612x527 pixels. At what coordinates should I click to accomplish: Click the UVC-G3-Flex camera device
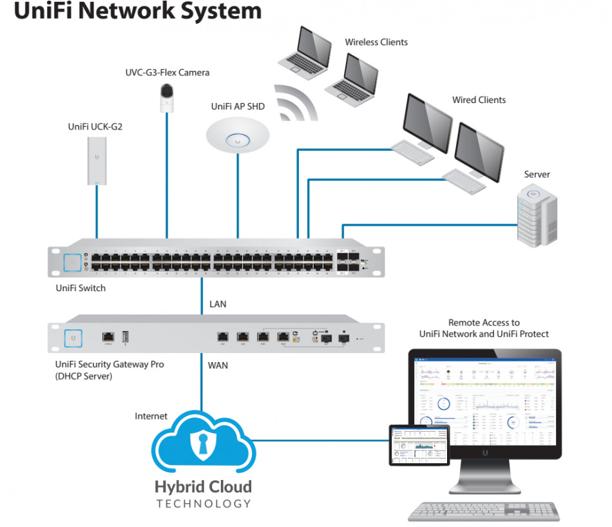pyautogui.click(x=167, y=98)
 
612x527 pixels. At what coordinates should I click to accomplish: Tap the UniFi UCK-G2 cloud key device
pyautogui.click(x=97, y=160)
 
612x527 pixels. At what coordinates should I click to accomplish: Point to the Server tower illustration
pyautogui.click(x=537, y=212)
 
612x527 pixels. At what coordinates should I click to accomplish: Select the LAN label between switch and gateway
pyautogui.click(x=218, y=304)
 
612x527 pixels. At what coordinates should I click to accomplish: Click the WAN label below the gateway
pyautogui.click(x=218, y=365)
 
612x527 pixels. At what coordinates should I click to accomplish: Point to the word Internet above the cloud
pyautogui.click(x=151, y=416)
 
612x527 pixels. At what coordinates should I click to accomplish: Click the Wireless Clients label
pyautogui.click(x=376, y=43)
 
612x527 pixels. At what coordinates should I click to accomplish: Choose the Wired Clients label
pyautogui.click(x=479, y=100)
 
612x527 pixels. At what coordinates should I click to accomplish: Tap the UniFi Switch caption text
pyautogui.click(x=81, y=288)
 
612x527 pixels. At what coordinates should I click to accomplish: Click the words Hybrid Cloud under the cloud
pyautogui.click(x=203, y=486)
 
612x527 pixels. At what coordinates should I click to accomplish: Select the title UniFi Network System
pyautogui.click(x=138, y=11)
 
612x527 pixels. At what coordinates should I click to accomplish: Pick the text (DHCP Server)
pyautogui.click(x=84, y=376)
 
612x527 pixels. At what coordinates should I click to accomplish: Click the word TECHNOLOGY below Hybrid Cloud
pyautogui.click(x=203, y=503)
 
